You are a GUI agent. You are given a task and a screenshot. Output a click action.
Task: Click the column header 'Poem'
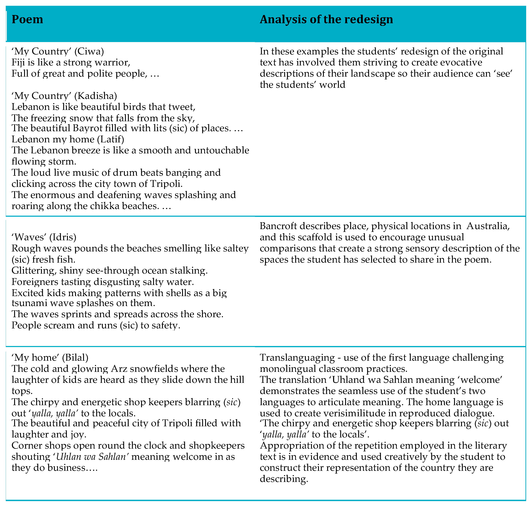pos(27,19)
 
